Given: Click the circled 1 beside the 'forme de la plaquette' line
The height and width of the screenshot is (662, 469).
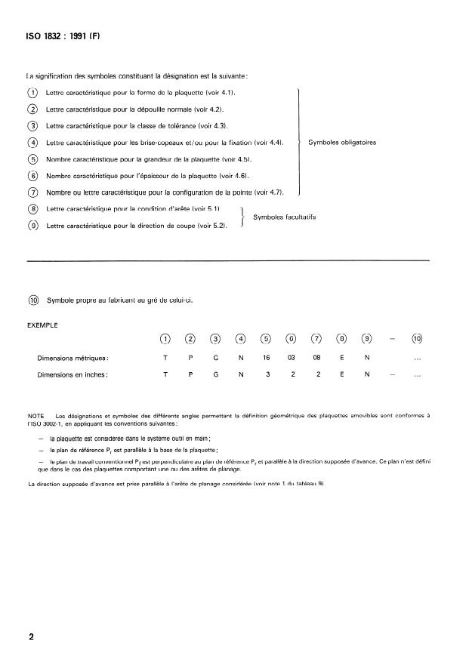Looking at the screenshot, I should pyautogui.click(x=32, y=92).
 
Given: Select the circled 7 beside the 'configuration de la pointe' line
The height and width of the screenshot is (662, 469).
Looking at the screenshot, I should pyautogui.click(x=32, y=192).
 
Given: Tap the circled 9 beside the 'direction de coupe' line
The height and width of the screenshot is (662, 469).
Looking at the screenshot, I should pyautogui.click(x=32, y=225).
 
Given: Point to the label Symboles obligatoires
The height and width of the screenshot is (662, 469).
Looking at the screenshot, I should pyautogui.click(x=342, y=142).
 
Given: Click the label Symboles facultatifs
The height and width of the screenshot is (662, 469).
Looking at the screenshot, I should pyautogui.click(x=284, y=217).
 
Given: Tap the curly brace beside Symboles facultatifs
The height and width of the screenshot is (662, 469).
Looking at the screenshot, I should pyautogui.click(x=242, y=217).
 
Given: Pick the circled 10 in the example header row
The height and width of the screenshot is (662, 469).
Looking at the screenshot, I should pyautogui.click(x=416, y=338).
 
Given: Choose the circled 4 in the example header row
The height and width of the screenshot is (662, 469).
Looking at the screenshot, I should pyautogui.click(x=240, y=338).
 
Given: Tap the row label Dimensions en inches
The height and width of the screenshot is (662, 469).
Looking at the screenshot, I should pyautogui.click(x=73, y=374).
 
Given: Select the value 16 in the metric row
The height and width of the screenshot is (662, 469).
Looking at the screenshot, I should pyautogui.click(x=265, y=358).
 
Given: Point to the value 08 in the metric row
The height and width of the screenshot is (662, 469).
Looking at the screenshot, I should pyautogui.click(x=316, y=358).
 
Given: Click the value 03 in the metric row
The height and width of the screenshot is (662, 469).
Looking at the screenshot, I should pyautogui.click(x=291, y=358).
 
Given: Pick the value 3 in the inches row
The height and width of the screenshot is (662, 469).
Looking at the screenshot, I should pyautogui.click(x=265, y=374).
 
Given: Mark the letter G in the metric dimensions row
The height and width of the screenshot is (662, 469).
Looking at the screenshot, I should pyautogui.click(x=215, y=358).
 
